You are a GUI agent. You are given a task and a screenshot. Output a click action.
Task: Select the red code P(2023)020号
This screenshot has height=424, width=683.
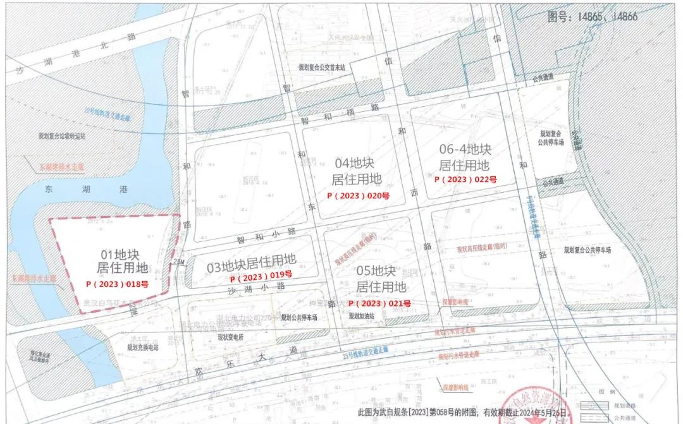pyautogui.click(x=358, y=196)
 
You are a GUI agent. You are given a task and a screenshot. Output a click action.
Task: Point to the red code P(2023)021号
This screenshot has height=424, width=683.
pyautogui.click(x=379, y=303)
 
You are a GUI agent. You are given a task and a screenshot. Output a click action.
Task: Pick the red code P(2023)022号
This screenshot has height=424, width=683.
pyautogui.click(x=465, y=179)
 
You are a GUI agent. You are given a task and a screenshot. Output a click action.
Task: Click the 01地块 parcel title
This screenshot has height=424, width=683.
pyautogui.click(x=120, y=255)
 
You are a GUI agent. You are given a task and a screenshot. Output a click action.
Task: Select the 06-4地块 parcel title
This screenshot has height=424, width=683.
pyautogui.click(x=465, y=149)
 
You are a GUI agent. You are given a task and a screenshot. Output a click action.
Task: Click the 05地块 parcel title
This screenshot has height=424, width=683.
pyautogui.click(x=376, y=272)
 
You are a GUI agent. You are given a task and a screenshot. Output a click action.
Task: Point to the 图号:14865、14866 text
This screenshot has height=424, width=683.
pyautogui.click(x=594, y=17)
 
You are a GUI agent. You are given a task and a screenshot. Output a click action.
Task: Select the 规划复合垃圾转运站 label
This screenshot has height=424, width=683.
pyautogui.click(x=61, y=135)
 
